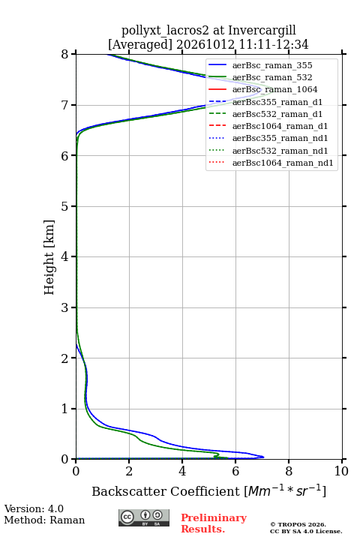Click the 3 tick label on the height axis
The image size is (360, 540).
(64, 307)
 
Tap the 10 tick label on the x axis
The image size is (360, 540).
(341, 471)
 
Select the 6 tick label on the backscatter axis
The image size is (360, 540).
(235, 471)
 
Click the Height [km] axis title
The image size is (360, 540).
(49, 257)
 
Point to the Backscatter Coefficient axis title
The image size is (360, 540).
(208, 491)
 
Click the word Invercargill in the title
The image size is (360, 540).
(262, 31)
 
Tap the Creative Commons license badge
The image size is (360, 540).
(144, 517)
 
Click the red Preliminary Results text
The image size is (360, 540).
(214, 523)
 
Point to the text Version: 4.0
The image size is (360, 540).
(34, 508)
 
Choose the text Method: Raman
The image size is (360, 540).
(44, 520)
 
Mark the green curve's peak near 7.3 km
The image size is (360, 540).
(272, 88)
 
